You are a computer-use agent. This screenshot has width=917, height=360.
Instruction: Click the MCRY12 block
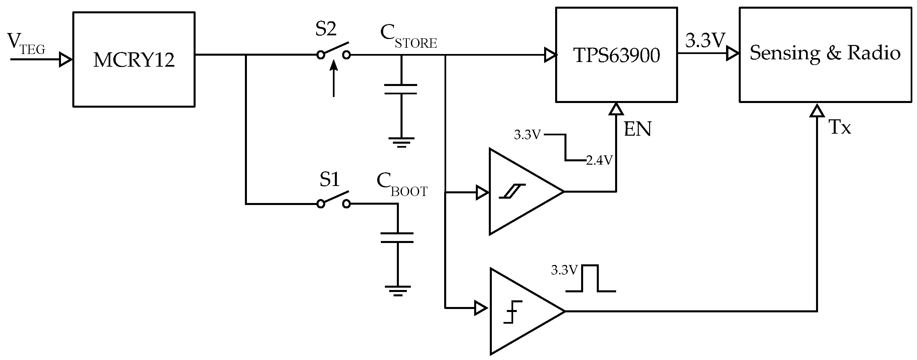pos(134,59)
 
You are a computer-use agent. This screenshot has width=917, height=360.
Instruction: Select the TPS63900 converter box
pos(616,55)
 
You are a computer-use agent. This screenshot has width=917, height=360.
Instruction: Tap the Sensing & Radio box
pos(825,55)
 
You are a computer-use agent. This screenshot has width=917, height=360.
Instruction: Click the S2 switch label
pos(326,29)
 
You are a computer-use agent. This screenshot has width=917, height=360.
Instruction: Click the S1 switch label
pos(329,179)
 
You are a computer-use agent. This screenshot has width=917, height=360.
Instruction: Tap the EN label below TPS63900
pos(637,129)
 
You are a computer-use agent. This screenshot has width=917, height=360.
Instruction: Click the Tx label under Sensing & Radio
pos(840,127)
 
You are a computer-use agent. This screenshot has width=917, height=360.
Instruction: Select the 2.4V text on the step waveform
pos(599,161)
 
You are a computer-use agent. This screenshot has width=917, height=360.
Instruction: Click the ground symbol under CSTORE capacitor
pos(401,142)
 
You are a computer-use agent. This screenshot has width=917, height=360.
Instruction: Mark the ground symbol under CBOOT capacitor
pos(398,291)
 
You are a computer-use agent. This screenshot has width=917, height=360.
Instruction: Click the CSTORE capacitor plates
pos(401,89)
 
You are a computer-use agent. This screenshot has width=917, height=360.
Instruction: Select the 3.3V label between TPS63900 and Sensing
pos(705,41)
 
